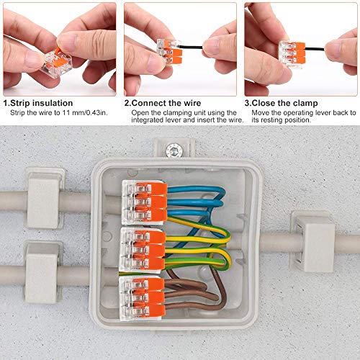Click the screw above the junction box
pyautogui.click(x=174, y=150)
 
